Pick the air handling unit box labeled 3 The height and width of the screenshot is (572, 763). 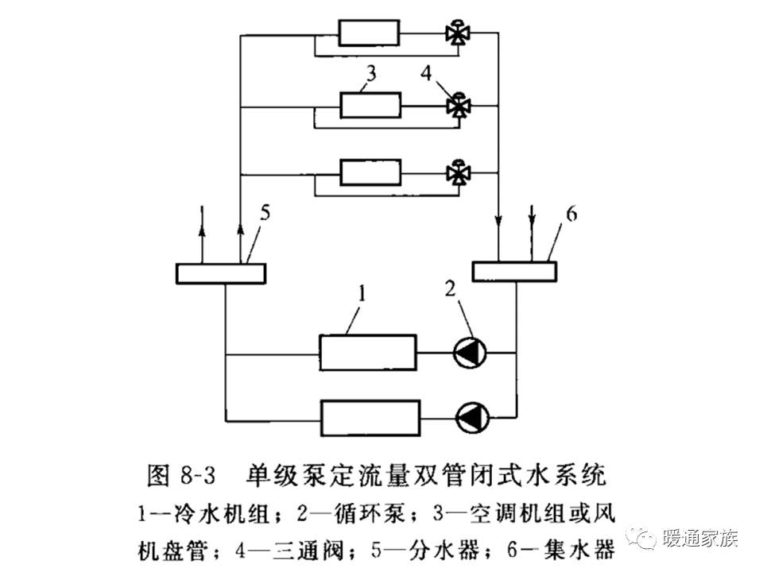click(370, 105)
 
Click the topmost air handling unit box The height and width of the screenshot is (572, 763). click(370, 33)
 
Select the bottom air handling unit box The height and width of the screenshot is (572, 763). click(370, 172)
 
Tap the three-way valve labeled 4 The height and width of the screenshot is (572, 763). click(458, 105)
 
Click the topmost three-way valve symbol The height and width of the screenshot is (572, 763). click(458, 33)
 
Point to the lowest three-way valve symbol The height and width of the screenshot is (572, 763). click(458, 172)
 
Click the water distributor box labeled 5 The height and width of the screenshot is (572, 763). click(220, 273)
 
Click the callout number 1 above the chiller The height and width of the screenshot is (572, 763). click(361, 296)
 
